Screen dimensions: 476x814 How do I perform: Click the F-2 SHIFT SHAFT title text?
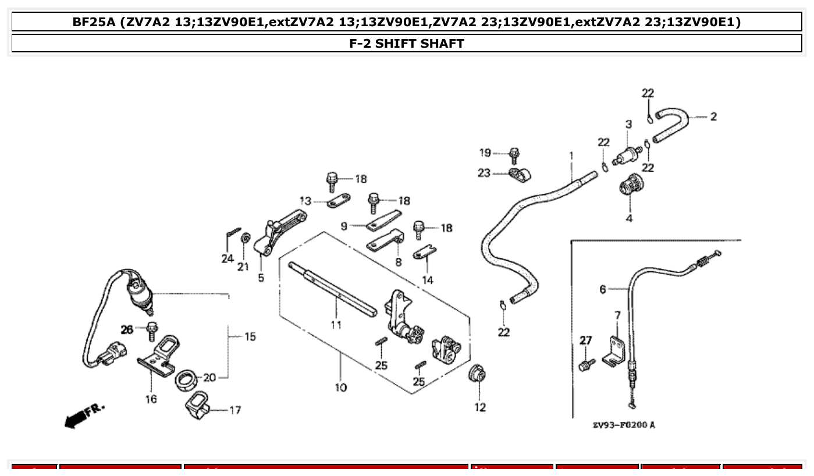tap(406, 44)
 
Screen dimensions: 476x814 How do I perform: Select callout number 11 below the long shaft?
tap(336, 325)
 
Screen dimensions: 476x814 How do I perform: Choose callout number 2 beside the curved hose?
tap(713, 116)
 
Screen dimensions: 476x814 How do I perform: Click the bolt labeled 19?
tap(514, 155)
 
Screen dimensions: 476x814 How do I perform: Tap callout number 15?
tap(250, 336)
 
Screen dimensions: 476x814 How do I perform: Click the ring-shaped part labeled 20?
tap(186, 381)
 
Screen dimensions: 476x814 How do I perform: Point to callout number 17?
tap(235, 410)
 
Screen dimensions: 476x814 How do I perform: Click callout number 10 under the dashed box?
tap(341, 388)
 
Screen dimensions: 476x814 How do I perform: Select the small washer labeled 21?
tap(246, 238)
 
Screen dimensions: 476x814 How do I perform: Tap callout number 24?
tap(228, 258)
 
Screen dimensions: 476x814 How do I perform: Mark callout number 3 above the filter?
tap(628, 124)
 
